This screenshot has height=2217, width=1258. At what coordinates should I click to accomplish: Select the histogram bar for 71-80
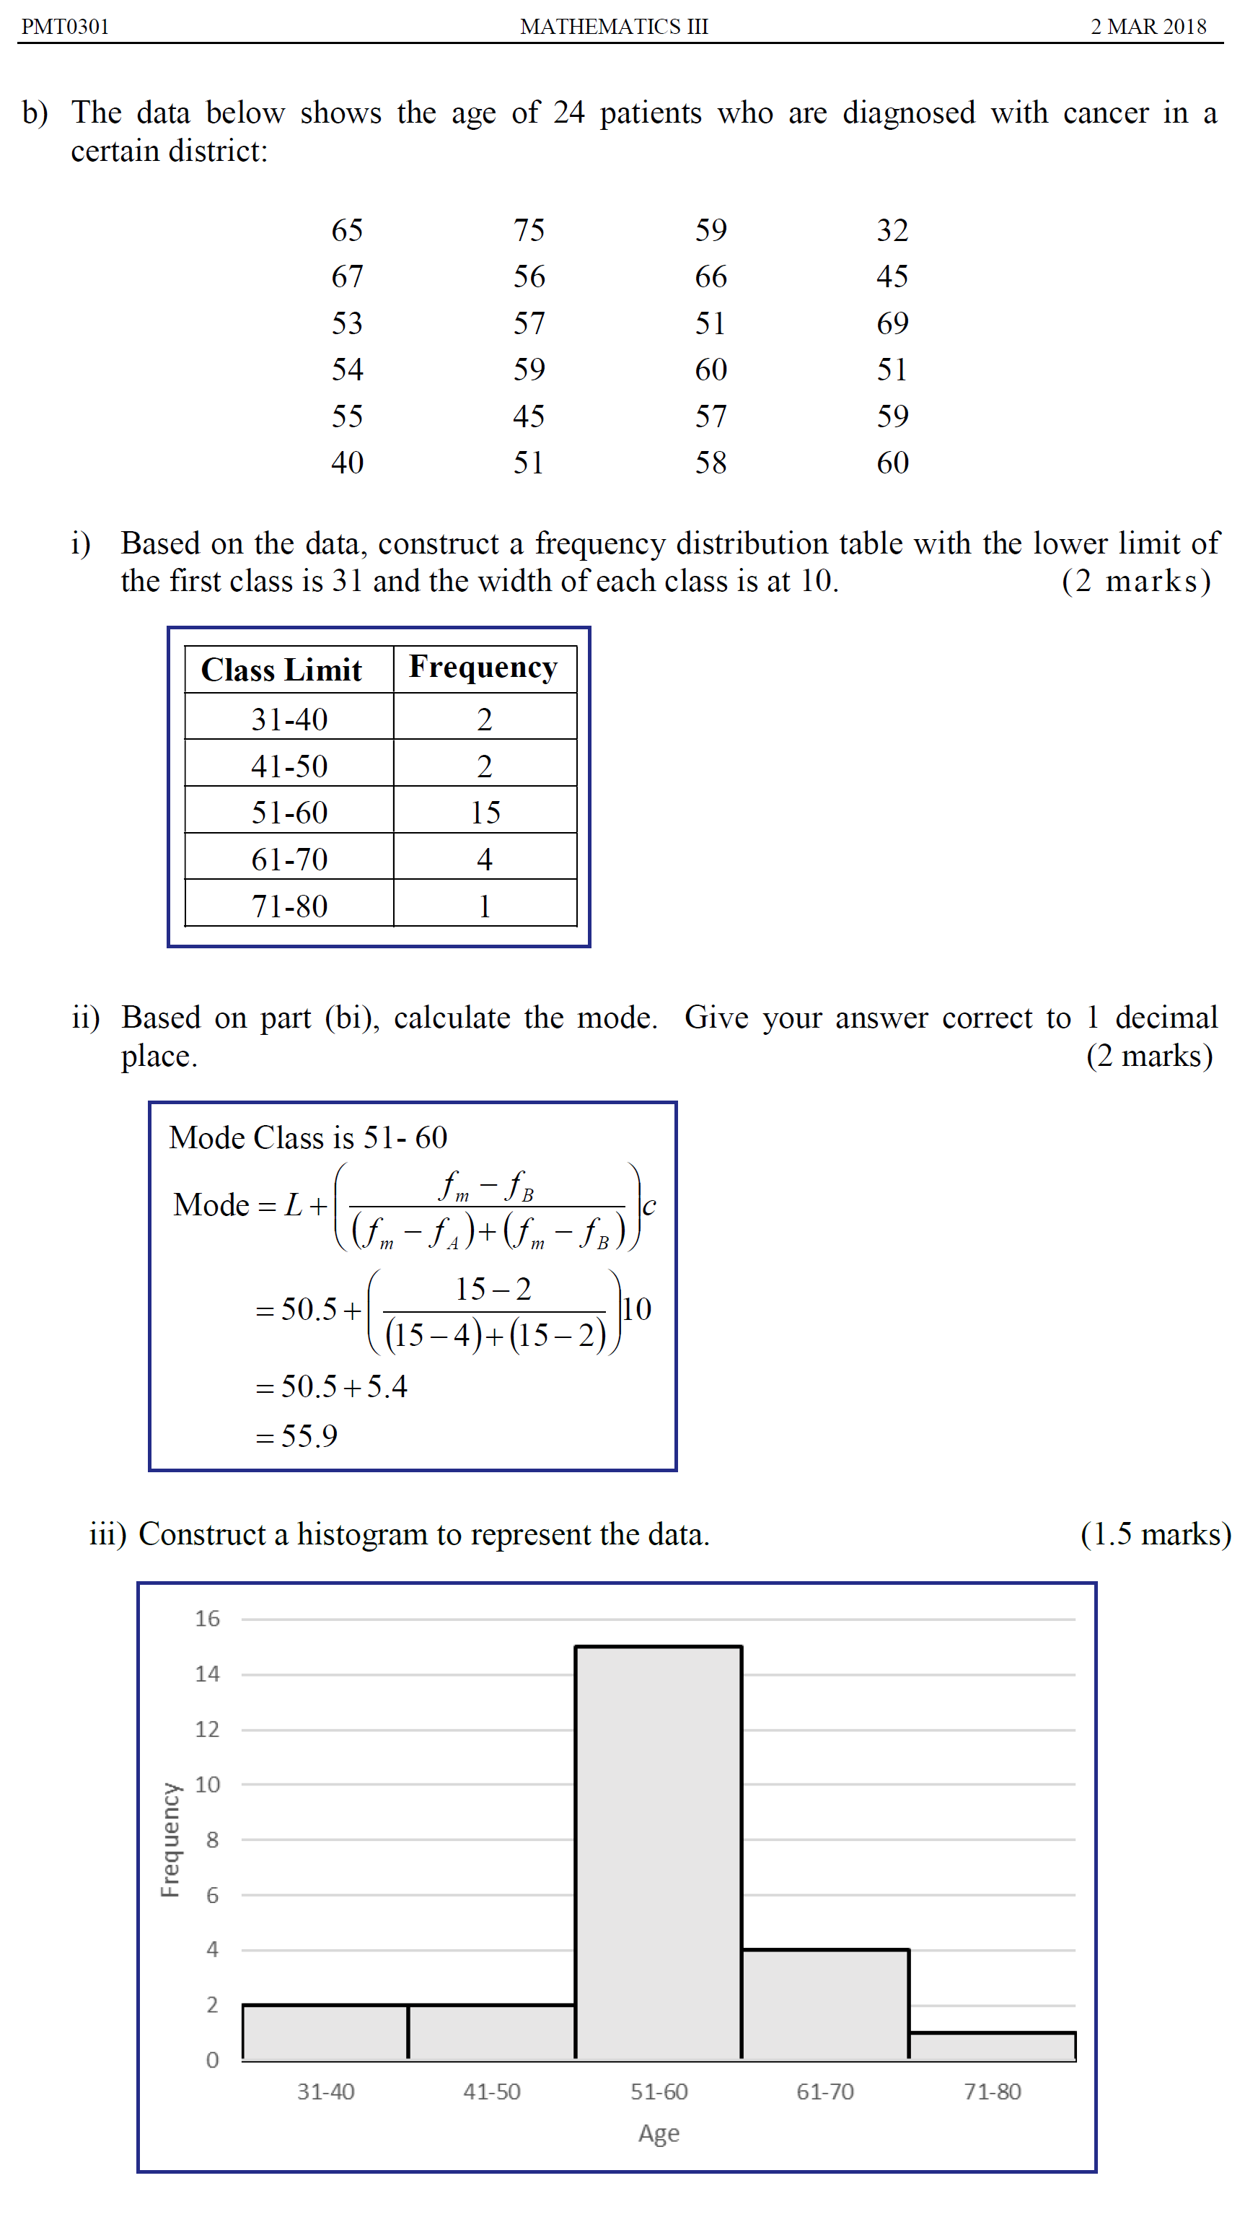(992, 2046)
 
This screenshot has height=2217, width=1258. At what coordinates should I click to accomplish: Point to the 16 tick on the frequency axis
(207, 1618)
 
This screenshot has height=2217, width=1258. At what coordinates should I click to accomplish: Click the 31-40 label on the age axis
(326, 2091)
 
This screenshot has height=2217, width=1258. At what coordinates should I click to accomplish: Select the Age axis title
(659, 2133)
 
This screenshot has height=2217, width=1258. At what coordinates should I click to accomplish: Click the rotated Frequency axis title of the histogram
(170, 1840)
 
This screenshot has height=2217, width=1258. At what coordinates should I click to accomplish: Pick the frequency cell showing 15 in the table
(485, 813)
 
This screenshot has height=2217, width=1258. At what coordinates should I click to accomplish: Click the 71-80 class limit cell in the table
(289, 906)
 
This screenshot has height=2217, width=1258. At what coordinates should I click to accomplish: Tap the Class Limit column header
(281, 670)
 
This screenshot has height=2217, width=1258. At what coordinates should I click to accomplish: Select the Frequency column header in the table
(483, 668)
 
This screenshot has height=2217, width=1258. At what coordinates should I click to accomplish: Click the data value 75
(529, 230)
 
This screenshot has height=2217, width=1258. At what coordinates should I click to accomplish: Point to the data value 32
(892, 230)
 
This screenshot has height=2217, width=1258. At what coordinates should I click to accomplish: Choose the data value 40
(348, 463)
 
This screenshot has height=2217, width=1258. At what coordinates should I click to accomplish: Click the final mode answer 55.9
(309, 1437)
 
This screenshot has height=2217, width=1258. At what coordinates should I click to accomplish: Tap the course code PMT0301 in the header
(66, 27)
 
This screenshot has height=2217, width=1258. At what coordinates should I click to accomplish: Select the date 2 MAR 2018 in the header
(1148, 27)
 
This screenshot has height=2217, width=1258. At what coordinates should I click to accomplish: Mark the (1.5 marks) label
(1155, 1534)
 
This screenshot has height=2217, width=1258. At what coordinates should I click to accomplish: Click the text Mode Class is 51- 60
(309, 1137)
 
